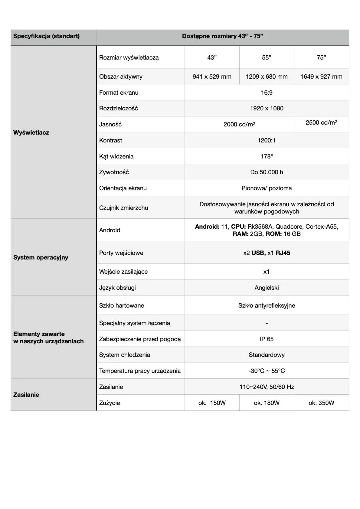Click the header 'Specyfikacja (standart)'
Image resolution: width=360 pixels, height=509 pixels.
[x=46, y=36]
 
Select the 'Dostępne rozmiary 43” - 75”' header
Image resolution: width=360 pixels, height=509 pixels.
[x=222, y=36]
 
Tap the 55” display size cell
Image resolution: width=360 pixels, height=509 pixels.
[x=267, y=57]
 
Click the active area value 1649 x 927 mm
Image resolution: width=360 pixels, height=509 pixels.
[x=321, y=77]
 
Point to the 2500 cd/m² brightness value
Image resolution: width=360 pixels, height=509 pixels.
[x=321, y=122]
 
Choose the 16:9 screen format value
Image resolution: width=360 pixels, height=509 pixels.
[x=267, y=93]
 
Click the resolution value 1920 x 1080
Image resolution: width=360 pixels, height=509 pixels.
[x=267, y=108]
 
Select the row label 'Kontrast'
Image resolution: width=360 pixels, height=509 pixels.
[x=111, y=140]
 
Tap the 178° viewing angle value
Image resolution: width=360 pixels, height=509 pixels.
[x=267, y=156]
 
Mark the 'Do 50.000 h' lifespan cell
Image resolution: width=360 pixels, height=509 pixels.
[x=267, y=172]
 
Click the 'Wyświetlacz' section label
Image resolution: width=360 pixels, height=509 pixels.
[x=31, y=132]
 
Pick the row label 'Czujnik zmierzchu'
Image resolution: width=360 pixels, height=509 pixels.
[x=124, y=208]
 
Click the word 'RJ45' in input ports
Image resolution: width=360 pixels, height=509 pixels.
[x=283, y=253]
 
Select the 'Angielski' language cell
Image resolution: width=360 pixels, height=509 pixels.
[x=267, y=288]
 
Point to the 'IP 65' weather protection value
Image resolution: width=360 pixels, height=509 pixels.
[x=267, y=339]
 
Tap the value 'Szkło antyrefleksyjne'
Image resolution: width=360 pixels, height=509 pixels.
[x=267, y=305]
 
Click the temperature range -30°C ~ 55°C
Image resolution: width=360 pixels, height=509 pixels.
[x=267, y=371]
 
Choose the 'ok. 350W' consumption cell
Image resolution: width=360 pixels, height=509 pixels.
[x=321, y=403]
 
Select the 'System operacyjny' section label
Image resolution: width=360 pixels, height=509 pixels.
[x=41, y=257]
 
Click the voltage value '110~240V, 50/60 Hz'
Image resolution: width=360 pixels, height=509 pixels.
[x=267, y=387]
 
